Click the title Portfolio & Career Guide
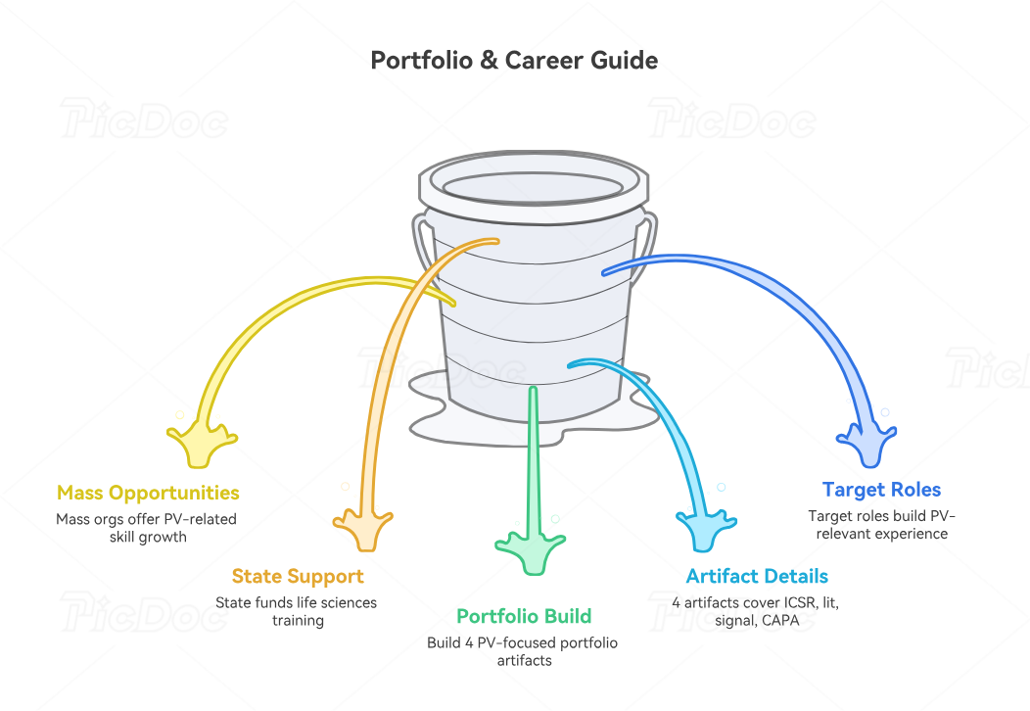(514, 61)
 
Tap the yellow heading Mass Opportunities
(148, 493)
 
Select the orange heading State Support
(298, 576)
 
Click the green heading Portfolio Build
(524, 616)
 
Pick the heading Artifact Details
(757, 576)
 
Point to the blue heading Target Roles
(881, 490)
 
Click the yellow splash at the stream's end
(201, 444)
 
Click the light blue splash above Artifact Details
(706, 530)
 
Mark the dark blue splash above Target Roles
(867, 445)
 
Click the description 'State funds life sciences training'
(297, 611)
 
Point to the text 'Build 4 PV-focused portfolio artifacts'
(523, 651)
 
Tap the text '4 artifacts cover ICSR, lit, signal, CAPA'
(756, 611)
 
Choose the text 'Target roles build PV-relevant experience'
(881, 524)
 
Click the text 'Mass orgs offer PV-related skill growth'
(147, 528)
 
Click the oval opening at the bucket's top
(534, 186)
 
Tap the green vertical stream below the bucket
(534, 460)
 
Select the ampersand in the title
(489, 61)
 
